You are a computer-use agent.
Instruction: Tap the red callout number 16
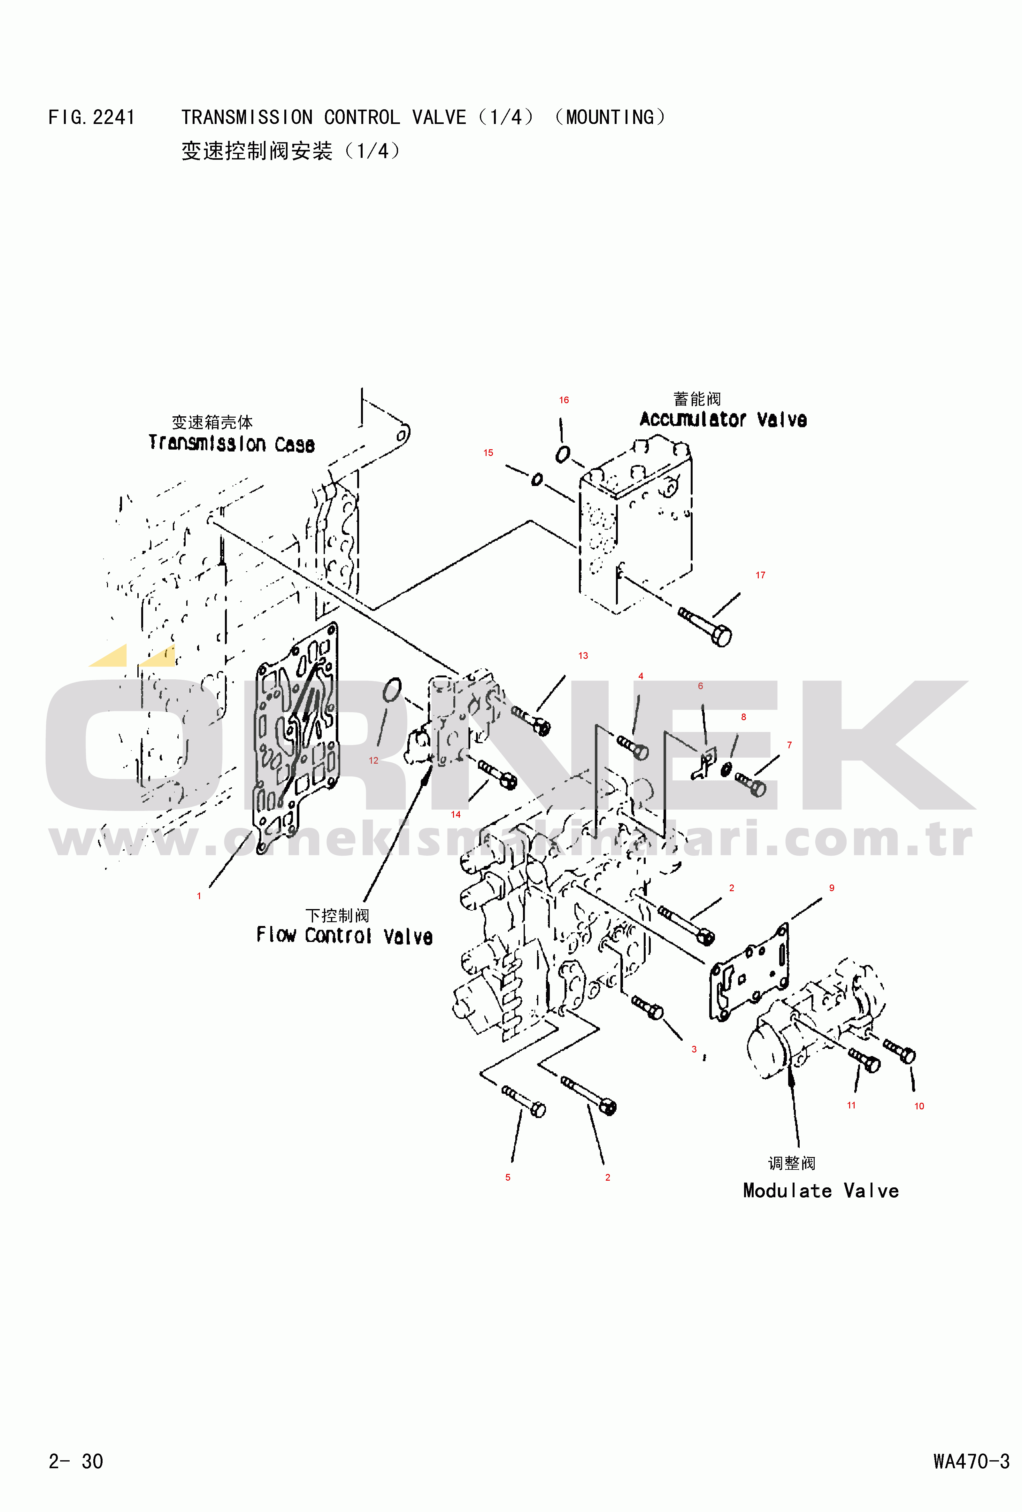point(564,400)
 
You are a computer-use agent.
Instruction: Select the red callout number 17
point(760,575)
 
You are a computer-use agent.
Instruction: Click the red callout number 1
point(199,896)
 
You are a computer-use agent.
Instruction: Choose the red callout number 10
point(919,1106)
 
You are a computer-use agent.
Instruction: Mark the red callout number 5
point(508,1177)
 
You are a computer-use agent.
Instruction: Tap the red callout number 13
point(583,656)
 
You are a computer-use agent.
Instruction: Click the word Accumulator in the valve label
point(693,420)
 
